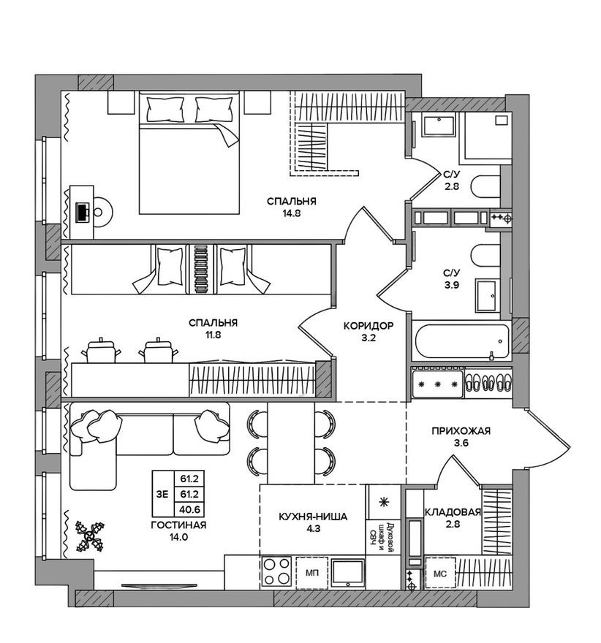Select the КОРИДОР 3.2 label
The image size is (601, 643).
click(368, 332)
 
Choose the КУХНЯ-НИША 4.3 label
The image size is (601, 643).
click(312, 523)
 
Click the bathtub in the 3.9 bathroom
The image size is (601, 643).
click(460, 340)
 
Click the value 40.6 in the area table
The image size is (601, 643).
click(189, 511)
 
